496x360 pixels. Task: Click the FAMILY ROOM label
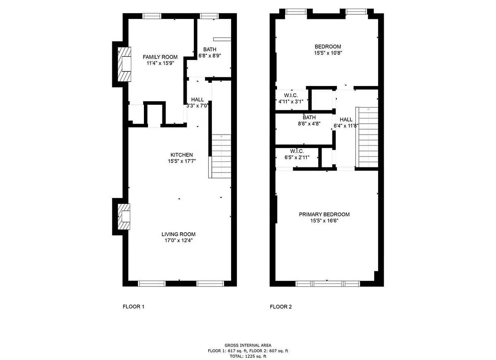[160, 57]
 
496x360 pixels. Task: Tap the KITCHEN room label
[181, 155]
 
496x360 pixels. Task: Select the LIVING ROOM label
[179, 234]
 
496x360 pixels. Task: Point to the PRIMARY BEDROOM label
[324, 214]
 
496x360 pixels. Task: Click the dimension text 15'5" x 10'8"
[327, 53]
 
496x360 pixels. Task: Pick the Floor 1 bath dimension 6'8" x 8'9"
[210, 56]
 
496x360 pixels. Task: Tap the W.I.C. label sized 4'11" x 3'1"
[291, 95]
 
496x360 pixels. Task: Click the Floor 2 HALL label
[346, 119]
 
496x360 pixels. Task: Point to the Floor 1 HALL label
[197, 99]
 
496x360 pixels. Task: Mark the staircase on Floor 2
[367, 137]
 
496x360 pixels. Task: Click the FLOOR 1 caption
[133, 307]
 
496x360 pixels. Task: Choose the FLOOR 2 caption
[281, 307]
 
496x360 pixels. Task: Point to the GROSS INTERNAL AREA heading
[248, 345]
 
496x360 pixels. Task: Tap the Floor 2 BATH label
[309, 117]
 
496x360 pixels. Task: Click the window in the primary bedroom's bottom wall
[327, 283]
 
